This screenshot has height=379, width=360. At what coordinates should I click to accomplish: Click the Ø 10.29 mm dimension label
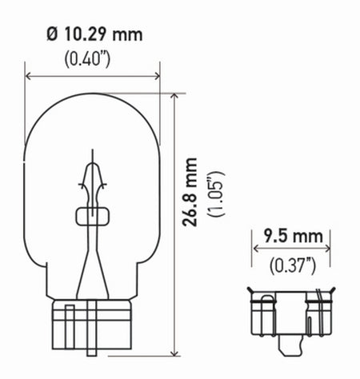[x=94, y=35]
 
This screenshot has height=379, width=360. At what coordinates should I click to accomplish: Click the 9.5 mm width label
[x=294, y=236]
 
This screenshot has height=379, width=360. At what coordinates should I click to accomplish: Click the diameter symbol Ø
[x=51, y=35]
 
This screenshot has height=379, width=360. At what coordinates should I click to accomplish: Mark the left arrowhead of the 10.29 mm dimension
[x=31, y=77]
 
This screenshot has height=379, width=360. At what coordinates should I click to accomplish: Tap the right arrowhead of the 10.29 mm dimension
[x=157, y=77]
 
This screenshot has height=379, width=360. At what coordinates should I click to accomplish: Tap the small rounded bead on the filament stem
[x=94, y=215]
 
